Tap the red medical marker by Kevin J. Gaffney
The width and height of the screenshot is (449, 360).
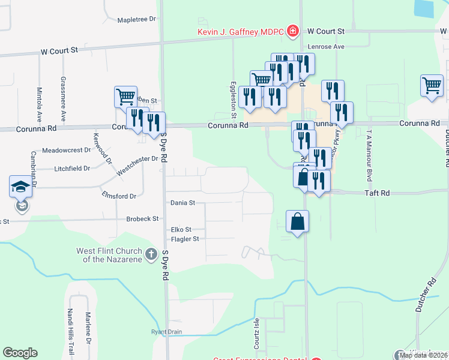click(293, 31)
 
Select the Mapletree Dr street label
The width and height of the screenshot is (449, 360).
click(136, 19)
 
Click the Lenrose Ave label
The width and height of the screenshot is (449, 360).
click(326, 46)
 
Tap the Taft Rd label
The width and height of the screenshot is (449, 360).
click(377, 193)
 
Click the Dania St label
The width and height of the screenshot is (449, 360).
click(183, 203)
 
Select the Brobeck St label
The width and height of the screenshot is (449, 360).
click(142, 219)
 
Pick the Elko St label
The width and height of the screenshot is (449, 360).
click(181, 229)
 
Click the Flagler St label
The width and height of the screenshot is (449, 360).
click(185, 239)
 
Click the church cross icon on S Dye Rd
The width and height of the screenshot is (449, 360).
click(150, 254)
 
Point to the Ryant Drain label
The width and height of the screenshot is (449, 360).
click(166, 332)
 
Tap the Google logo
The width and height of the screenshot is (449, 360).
click(20, 353)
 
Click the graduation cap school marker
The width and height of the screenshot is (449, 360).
click(20, 187)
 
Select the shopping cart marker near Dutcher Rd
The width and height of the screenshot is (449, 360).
click(432, 86)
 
